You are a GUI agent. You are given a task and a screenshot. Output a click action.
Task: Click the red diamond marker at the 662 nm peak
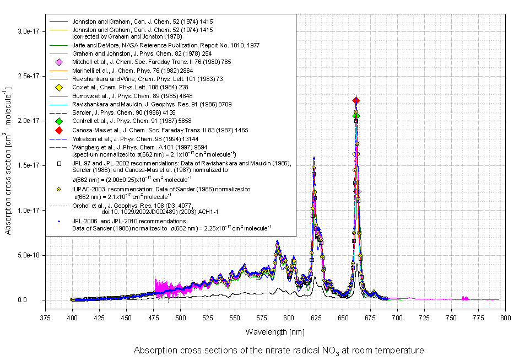coord(356,100)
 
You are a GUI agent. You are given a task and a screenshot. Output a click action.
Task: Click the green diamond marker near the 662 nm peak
coord(356,116)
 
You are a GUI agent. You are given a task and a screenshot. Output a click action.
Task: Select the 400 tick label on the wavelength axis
coord(72,318)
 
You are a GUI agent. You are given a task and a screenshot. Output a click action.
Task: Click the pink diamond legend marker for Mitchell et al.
coord(58,62)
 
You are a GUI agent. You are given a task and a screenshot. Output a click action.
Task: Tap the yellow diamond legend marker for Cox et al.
coord(58,88)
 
